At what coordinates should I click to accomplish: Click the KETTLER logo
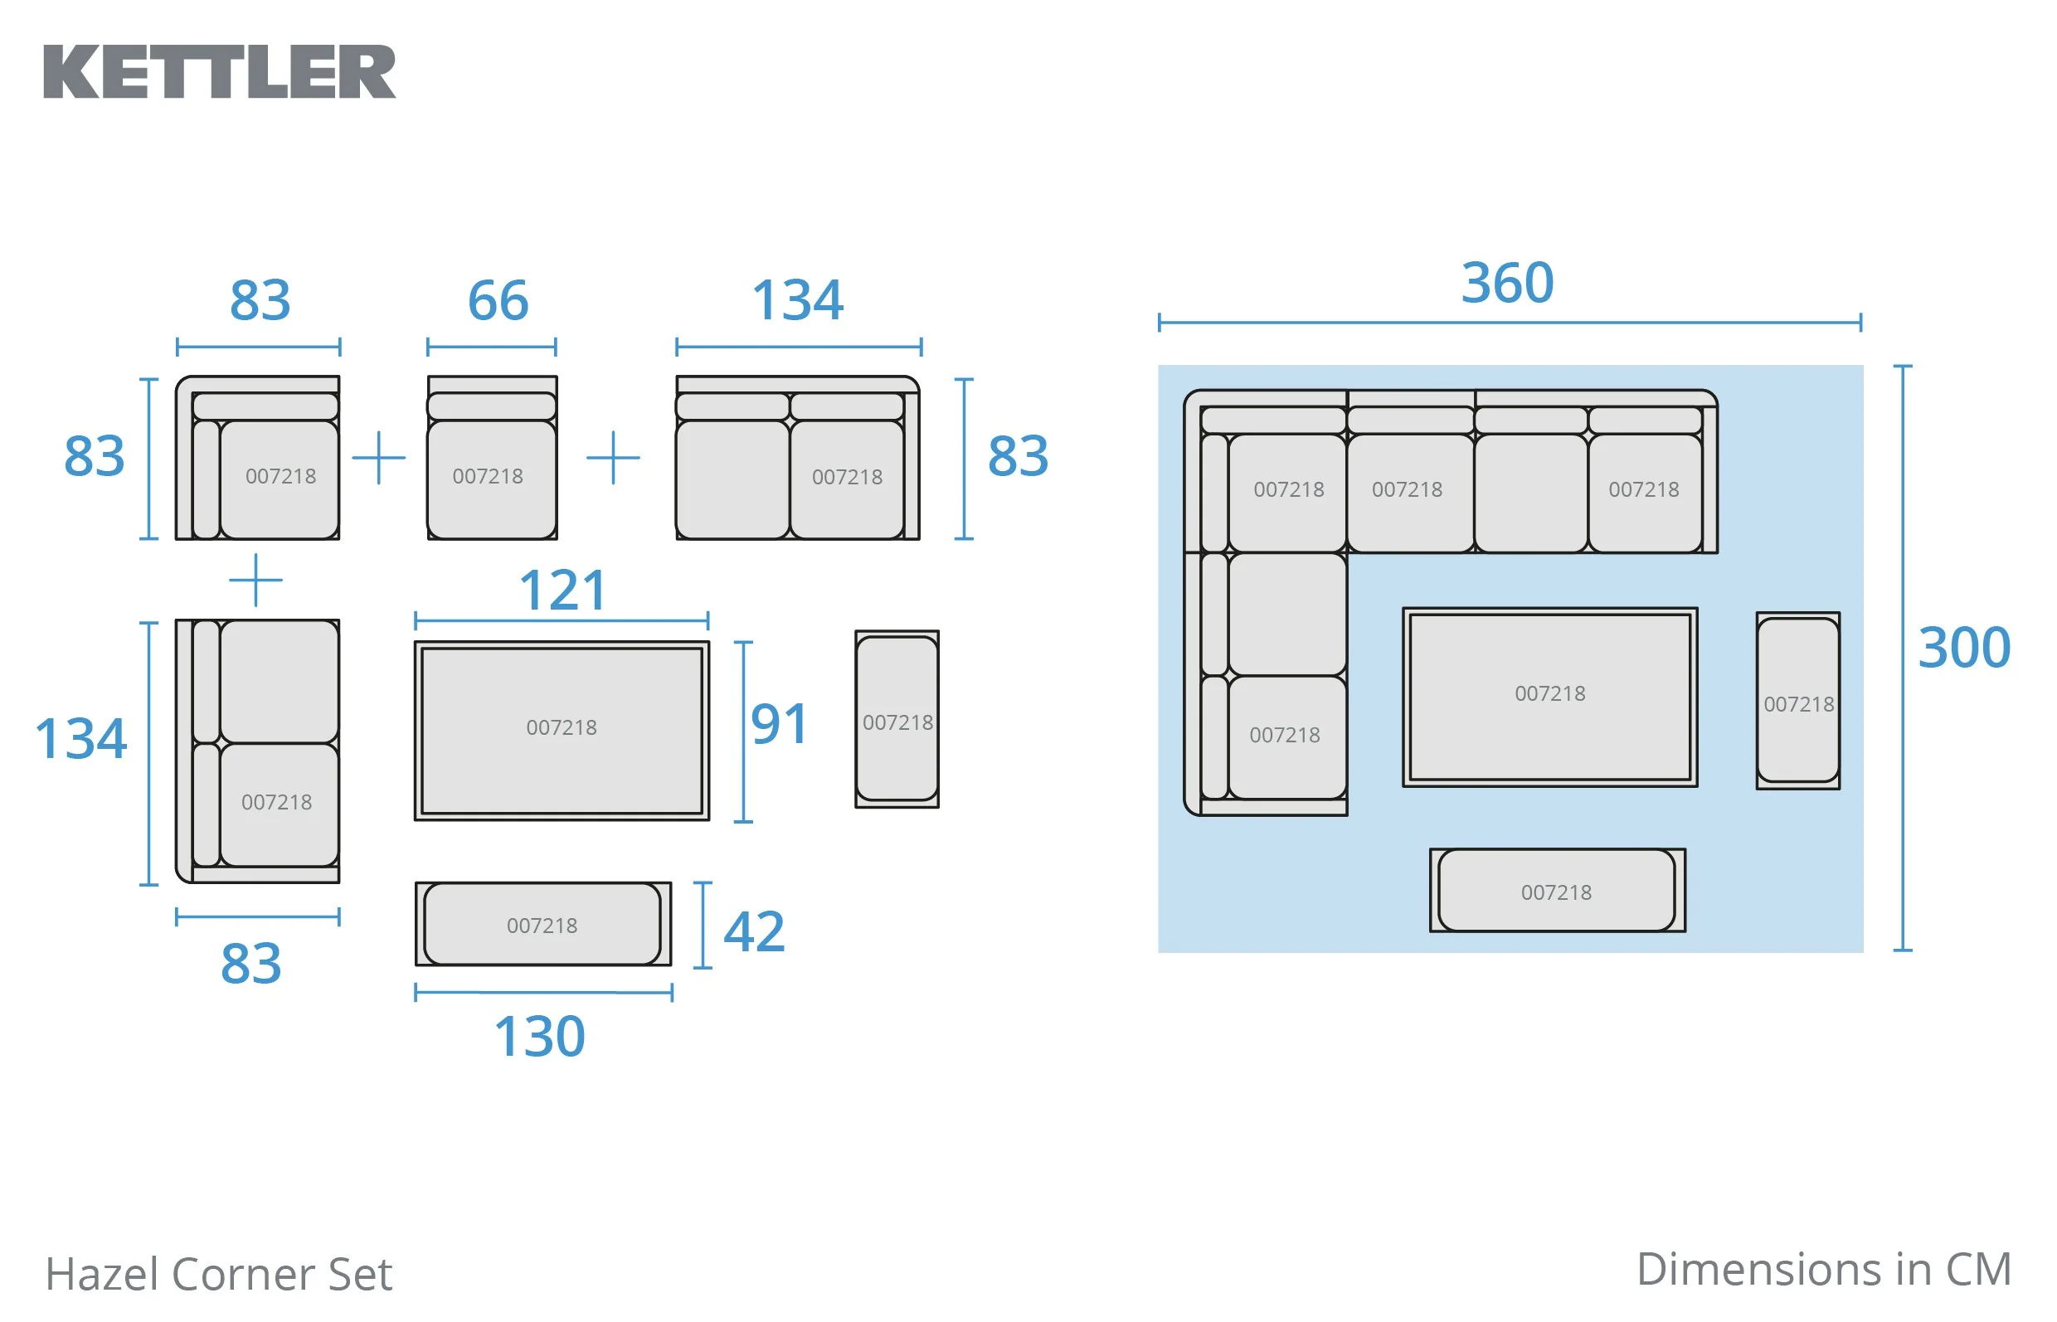point(220,72)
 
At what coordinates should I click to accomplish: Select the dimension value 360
point(1508,283)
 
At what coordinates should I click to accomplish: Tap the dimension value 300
point(1964,647)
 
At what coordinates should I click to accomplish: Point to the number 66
point(498,300)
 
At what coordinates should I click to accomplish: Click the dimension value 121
point(563,591)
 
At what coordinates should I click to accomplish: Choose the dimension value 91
point(779,724)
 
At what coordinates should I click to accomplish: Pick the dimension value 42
point(754,931)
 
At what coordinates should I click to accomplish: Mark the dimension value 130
point(539,1036)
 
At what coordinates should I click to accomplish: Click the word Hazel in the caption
point(104,1274)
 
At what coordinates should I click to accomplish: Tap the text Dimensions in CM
point(1823,1270)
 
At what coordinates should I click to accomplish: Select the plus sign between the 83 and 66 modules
point(378,458)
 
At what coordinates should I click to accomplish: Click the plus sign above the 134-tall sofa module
point(255,581)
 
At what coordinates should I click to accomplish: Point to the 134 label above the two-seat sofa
point(798,300)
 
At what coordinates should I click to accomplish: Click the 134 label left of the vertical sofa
point(80,738)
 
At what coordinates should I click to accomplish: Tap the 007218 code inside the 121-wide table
point(562,728)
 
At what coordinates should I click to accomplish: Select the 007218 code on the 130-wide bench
point(542,926)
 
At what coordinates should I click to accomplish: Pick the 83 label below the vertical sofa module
point(250,963)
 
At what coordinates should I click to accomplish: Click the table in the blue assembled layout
point(1549,697)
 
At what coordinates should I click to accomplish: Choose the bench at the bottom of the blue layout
point(1557,890)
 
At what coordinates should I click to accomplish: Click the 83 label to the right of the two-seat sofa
point(1019,456)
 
